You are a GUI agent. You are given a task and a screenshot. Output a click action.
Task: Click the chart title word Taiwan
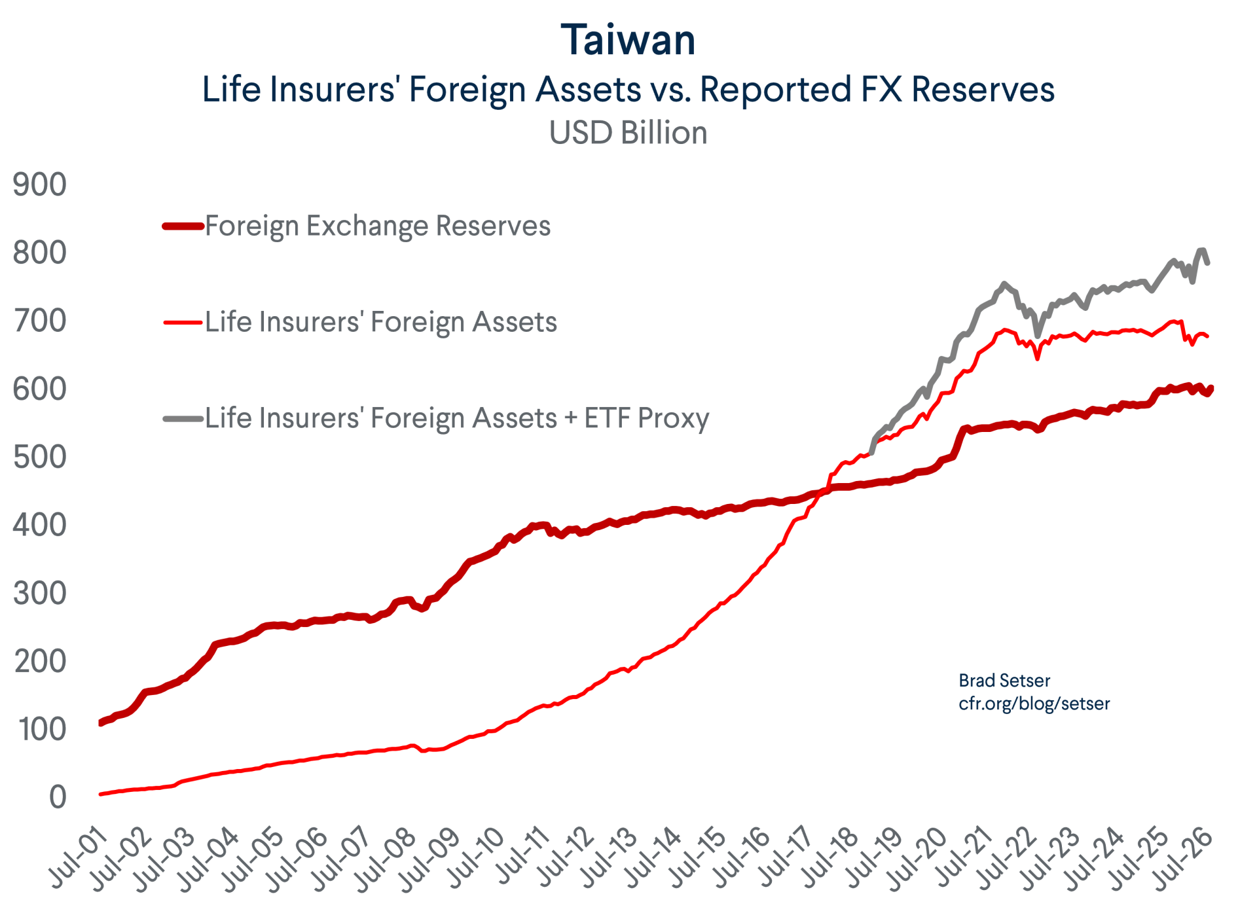click(x=628, y=40)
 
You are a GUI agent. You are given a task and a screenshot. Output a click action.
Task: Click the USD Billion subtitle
click(x=628, y=132)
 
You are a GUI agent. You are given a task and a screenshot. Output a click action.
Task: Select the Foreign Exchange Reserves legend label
click(x=378, y=226)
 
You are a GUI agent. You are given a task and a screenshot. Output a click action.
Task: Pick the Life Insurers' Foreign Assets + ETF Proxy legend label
click(x=457, y=418)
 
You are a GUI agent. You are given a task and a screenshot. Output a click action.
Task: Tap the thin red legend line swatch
click(x=183, y=322)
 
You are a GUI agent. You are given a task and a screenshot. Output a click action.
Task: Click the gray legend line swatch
click(x=183, y=418)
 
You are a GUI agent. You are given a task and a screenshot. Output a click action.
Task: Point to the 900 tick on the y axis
click(x=39, y=185)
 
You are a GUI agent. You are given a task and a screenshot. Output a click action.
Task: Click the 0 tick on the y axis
click(x=58, y=797)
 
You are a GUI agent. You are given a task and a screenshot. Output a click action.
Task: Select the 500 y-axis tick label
click(x=39, y=457)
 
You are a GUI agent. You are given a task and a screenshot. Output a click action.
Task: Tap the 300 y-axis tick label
click(x=39, y=593)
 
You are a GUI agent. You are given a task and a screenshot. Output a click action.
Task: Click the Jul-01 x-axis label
click(x=79, y=857)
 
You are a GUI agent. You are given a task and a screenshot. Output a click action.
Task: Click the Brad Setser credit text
click(x=1004, y=681)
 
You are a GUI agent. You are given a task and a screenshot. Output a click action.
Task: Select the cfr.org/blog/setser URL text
click(x=1034, y=704)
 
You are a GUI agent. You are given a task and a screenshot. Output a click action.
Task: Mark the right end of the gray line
click(x=1207, y=262)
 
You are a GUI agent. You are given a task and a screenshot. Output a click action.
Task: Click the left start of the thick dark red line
click(x=100, y=723)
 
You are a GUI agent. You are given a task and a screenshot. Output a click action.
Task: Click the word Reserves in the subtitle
click(x=983, y=89)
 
